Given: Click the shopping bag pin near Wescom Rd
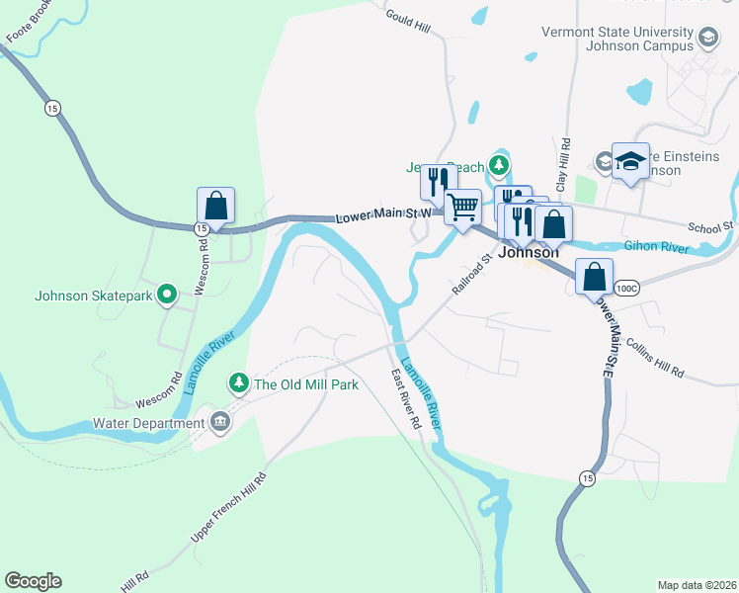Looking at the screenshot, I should (215, 207).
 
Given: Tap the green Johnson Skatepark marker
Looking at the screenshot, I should (167, 294).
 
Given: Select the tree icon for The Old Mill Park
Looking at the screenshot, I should (238, 382).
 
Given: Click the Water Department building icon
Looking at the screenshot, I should (219, 423).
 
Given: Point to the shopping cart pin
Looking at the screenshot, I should (462, 208).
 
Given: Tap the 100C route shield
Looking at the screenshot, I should (626, 288).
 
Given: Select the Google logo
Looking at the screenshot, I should (33, 581).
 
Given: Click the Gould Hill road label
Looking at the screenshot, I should (407, 18).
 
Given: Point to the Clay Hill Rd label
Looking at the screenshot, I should (564, 164).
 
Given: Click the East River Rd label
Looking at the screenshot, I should (406, 399).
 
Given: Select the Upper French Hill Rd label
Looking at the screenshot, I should (229, 510).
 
